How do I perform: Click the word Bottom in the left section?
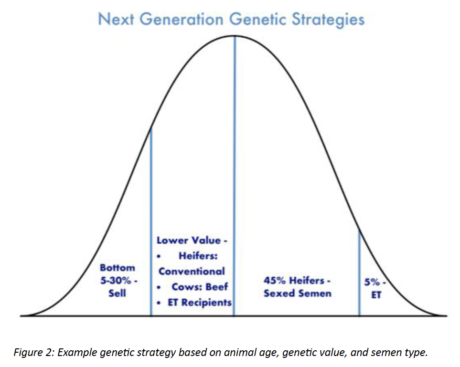pyautogui.click(x=117, y=268)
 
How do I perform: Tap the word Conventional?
pyautogui.click(x=192, y=271)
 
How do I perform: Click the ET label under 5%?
pyautogui.click(x=376, y=294)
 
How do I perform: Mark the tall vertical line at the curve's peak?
pyautogui.click(x=234, y=143)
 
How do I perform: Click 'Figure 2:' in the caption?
pyautogui.click(x=32, y=353)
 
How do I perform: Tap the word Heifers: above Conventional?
pyautogui.click(x=198, y=256)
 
